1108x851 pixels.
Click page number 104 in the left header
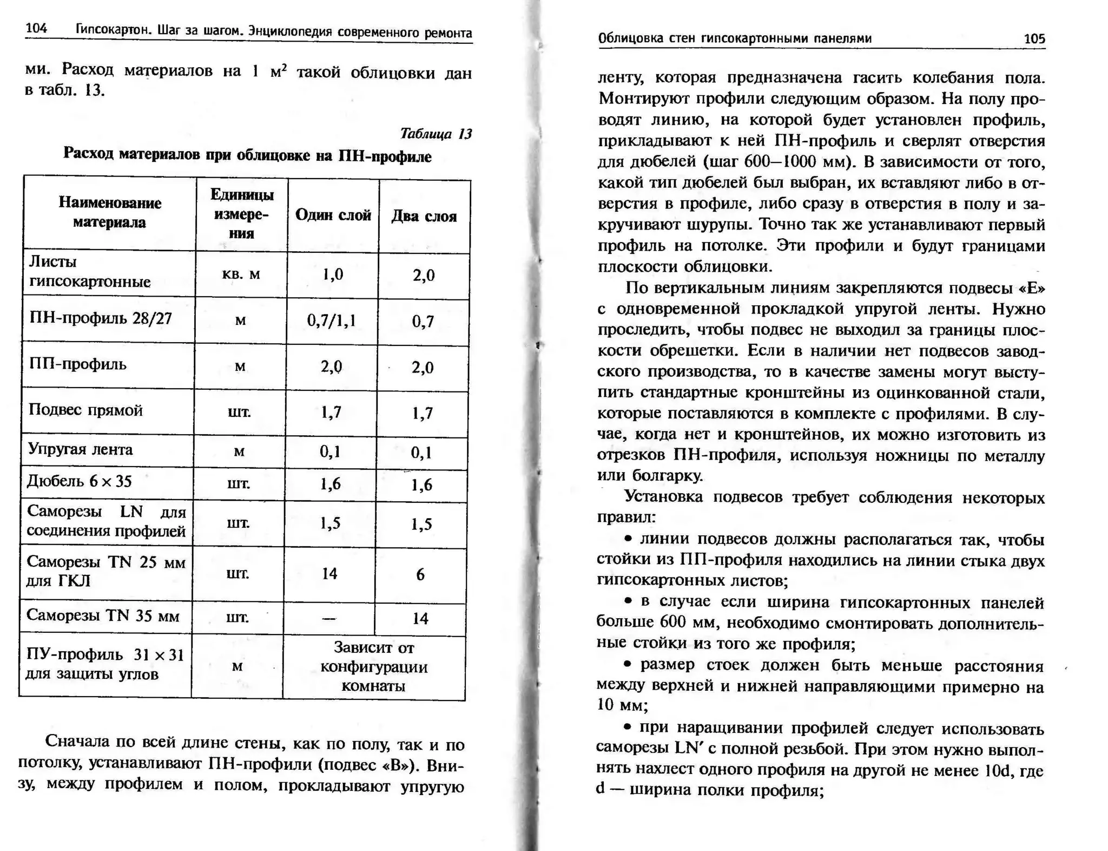pos(36,28)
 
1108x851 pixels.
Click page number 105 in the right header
pos(1034,38)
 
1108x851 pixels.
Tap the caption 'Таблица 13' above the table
pos(436,133)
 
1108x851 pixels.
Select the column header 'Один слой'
pos(333,215)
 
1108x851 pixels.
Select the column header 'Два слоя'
pos(424,216)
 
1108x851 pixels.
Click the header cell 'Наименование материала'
pos(110,212)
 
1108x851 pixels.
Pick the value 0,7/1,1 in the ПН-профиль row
pos(331,320)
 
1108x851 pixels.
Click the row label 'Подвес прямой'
pos(85,410)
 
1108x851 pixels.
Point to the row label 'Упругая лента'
pos(80,449)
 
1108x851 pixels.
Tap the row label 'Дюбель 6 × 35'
pos(79,481)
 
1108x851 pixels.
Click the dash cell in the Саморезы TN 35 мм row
pos(329,618)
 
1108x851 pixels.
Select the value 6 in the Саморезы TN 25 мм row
pos(420,574)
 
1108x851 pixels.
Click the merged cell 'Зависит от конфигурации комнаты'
pos(374,666)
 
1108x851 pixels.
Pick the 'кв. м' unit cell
pos(241,274)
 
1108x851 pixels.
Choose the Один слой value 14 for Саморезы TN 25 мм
pos(329,573)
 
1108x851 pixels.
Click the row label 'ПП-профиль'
pos(77,364)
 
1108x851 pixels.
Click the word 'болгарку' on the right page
pos(667,475)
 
